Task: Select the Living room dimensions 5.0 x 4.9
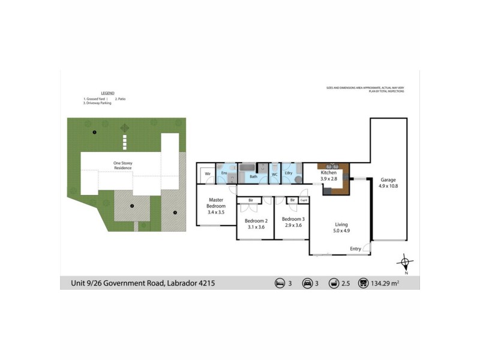tap(341, 229)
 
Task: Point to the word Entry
tap(356, 248)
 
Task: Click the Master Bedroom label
tap(217, 203)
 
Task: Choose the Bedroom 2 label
tap(255, 220)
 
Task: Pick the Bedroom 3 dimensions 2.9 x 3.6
tap(293, 227)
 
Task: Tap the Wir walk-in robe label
tap(208, 173)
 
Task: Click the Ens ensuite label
tap(224, 173)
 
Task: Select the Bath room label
tap(253, 176)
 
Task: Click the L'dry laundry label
tap(288, 173)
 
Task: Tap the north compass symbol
tap(406, 262)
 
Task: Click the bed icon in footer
tap(279, 283)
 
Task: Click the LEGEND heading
tap(107, 93)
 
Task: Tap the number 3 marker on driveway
tap(175, 212)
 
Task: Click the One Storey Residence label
tap(123, 165)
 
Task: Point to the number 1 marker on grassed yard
tap(94, 132)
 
